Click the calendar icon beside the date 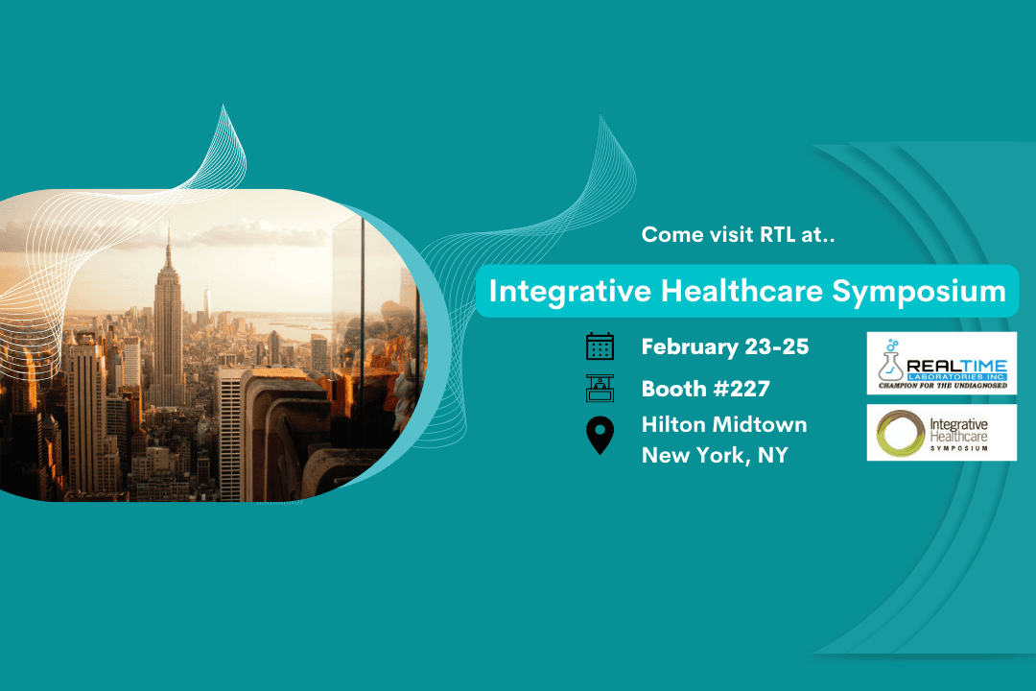pyautogui.click(x=600, y=346)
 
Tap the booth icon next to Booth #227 pyautogui.click(x=600, y=389)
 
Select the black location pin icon pyautogui.click(x=600, y=437)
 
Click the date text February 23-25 pyautogui.click(x=724, y=346)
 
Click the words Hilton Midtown pyautogui.click(x=724, y=424)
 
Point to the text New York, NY pyautogui.click(x=715, y=455)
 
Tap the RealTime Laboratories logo pyautogui.click(x=941, y=363)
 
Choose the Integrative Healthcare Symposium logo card pyautogui.click(x=941, y=432)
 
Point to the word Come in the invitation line pyautogui.click(x=667, y=234)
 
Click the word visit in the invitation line pyautogui.click(x=721, y=234)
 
